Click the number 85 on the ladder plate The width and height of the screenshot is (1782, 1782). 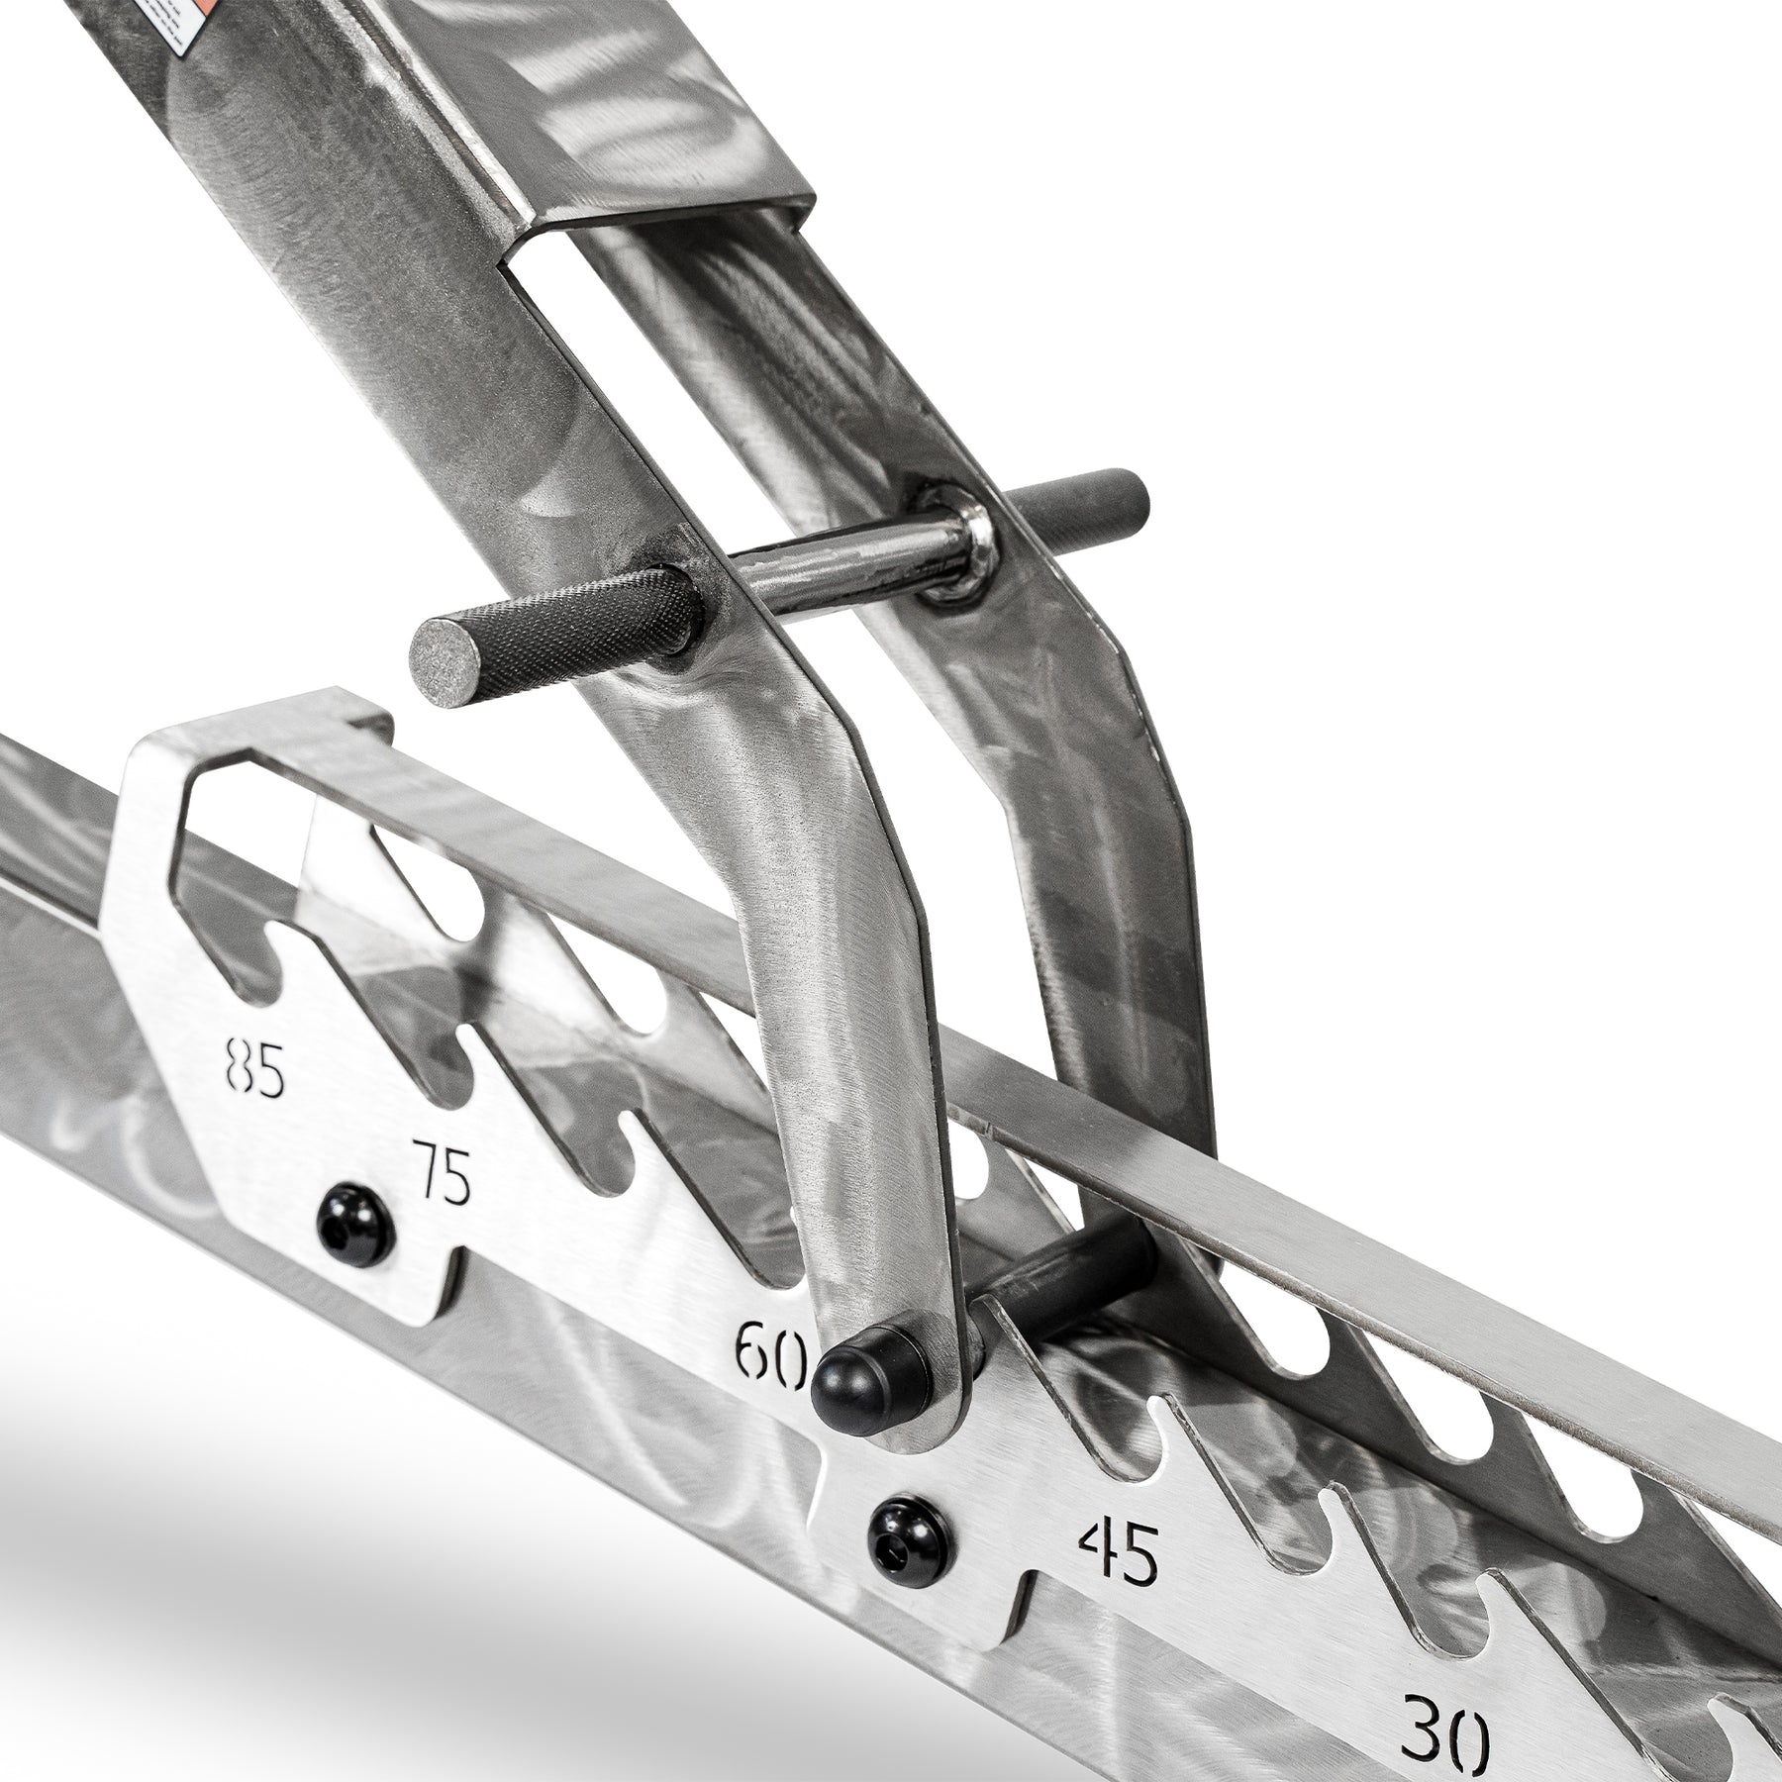coord(254,1066)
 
